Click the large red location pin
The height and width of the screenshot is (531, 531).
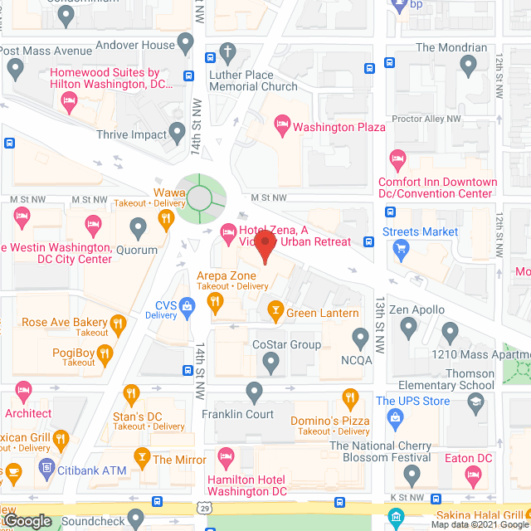265,246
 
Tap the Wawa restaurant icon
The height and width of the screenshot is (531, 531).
166,219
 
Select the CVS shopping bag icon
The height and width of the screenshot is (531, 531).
188,306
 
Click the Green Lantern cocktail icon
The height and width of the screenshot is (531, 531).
275,312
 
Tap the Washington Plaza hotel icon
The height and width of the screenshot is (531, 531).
282,126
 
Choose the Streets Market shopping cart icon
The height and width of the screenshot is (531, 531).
401,246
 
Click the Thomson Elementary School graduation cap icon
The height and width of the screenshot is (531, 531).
476,403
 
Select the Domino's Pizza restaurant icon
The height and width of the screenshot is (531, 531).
350,397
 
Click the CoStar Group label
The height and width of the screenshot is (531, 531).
286,344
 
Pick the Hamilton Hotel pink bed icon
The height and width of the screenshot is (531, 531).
225,455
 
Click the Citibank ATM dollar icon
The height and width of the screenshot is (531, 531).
46,470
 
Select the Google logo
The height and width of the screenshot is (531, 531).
27,520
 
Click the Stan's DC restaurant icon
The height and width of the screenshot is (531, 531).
130,393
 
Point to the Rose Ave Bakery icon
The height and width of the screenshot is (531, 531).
118,323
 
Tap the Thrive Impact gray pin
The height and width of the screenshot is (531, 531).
177,132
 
